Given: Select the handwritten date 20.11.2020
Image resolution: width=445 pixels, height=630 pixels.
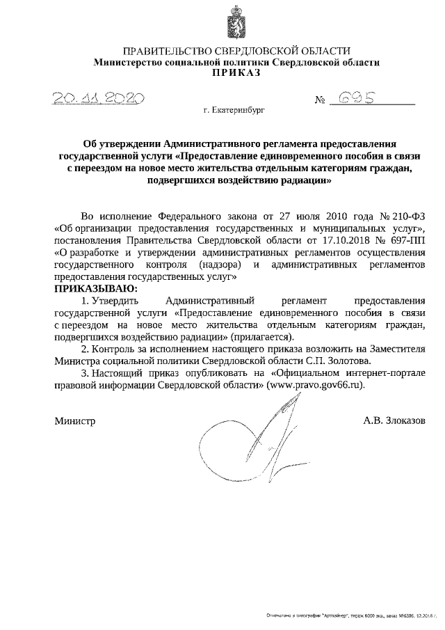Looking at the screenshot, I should coord(97,99).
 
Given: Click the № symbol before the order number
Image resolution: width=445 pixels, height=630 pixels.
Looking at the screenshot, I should coord(321,101).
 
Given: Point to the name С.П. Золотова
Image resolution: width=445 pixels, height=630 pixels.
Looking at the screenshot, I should coord(339,361).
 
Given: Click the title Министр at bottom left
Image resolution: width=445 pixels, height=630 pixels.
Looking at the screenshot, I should coord(74,420).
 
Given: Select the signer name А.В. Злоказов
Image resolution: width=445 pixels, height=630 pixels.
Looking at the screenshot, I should coord(393,420).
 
